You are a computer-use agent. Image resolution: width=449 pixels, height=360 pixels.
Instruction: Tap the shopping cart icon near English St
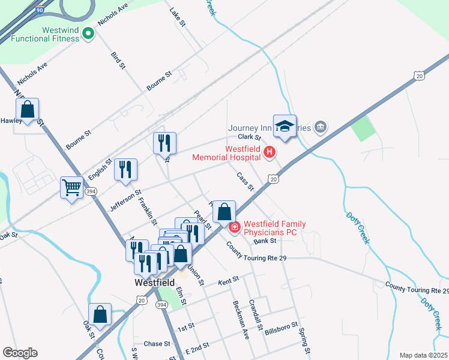71,188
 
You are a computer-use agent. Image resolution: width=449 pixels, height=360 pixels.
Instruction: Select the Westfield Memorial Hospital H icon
270,153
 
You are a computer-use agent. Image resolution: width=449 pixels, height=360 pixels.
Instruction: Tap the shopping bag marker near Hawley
27,109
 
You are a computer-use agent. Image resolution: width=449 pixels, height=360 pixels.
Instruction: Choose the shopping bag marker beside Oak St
100,314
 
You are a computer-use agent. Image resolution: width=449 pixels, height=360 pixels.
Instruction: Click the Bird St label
118,60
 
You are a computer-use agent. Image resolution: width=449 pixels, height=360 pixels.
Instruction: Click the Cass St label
245,182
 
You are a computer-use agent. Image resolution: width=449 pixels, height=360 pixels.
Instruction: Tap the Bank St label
264,241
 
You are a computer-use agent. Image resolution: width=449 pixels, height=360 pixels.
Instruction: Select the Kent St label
229,280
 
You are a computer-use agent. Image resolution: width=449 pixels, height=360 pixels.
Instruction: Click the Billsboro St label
282,327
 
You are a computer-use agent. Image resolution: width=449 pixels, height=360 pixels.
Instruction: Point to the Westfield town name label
154,282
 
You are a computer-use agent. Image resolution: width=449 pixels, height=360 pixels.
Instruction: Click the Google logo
20,353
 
